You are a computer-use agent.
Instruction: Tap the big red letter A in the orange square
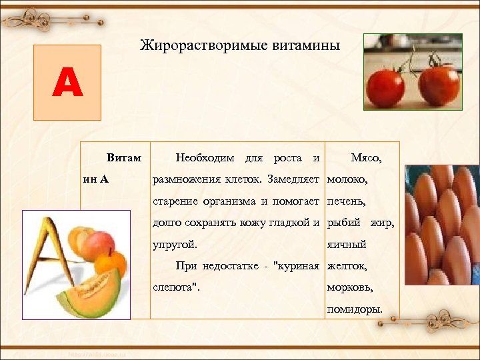67,84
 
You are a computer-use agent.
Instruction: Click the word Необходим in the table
205,158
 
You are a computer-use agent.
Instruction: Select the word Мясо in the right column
365,158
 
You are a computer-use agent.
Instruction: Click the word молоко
347,179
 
